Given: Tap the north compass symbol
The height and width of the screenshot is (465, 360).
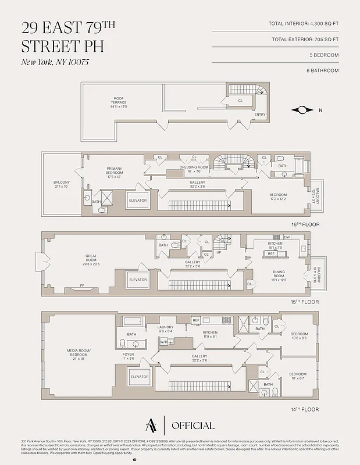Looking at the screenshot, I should click(x=303, y=110).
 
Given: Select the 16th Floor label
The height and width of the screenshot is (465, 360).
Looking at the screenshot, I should click(x=305, y=224).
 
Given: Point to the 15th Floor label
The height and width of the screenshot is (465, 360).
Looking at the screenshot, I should click(x=305, y=302).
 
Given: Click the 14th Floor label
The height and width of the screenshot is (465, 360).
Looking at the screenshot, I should click(x=305, y=409).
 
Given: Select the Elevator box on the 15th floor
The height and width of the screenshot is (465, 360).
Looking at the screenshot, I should click(x=138, y=280).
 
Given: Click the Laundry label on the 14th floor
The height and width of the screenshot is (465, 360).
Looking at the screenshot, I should click(x=165, y=329).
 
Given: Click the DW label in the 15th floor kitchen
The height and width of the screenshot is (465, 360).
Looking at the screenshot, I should click(x=287, y=237).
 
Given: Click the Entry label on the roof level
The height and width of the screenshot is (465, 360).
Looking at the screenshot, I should click(x=260, y=115).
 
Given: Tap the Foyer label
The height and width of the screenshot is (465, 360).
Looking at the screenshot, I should click(x=128, y=356).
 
